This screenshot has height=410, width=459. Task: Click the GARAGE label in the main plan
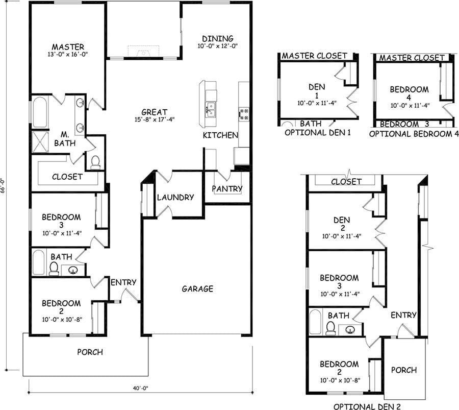[x=197, y=289]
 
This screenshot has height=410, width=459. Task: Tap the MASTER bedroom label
[x=68, y=47]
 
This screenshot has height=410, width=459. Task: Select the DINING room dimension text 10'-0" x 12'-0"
[x=217, y=46]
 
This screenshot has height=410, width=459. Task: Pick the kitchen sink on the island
[x=211, y=109]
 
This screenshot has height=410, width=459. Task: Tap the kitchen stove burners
[x=244, y=114]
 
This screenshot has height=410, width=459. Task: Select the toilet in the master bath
[x=95, y=162]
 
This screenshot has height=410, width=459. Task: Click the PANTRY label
[x=227, y=189]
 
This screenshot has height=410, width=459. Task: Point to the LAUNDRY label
[x=175, y=198]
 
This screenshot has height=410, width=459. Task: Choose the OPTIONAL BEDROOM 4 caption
[x=410, y=134]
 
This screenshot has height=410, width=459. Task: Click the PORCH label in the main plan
[x=90, y=352]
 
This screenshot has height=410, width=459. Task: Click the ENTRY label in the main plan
[x=123, y=282]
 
